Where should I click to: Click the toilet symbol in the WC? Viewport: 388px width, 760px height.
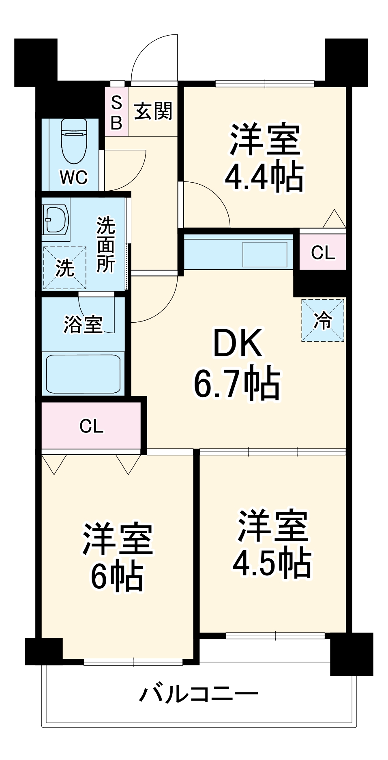(x=74, y=140)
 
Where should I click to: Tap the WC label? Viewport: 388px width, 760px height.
(x=73, y=177)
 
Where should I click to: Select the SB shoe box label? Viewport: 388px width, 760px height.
(x=116, y=113)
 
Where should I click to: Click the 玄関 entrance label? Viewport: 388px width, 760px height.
(x=153, y=111)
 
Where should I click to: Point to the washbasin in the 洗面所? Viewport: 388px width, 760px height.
(x=56, y=220)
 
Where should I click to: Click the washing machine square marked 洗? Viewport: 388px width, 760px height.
(x=64, y=268)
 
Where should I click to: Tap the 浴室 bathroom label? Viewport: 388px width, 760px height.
(x=83, y=324)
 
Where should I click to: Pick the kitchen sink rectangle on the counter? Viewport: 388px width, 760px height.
(x=265, y=255)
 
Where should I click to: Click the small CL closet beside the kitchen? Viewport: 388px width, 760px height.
(x=323, y=253)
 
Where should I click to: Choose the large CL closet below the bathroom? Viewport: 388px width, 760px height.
(x=92, y=426)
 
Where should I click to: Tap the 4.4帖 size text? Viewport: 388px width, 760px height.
(x=264, y=177)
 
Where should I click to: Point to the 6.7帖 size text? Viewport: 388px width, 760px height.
(x=237, y=383)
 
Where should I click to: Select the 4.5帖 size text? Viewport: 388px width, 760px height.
(x=272, y=563)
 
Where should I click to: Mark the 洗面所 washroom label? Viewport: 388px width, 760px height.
(x=105, y=245)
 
